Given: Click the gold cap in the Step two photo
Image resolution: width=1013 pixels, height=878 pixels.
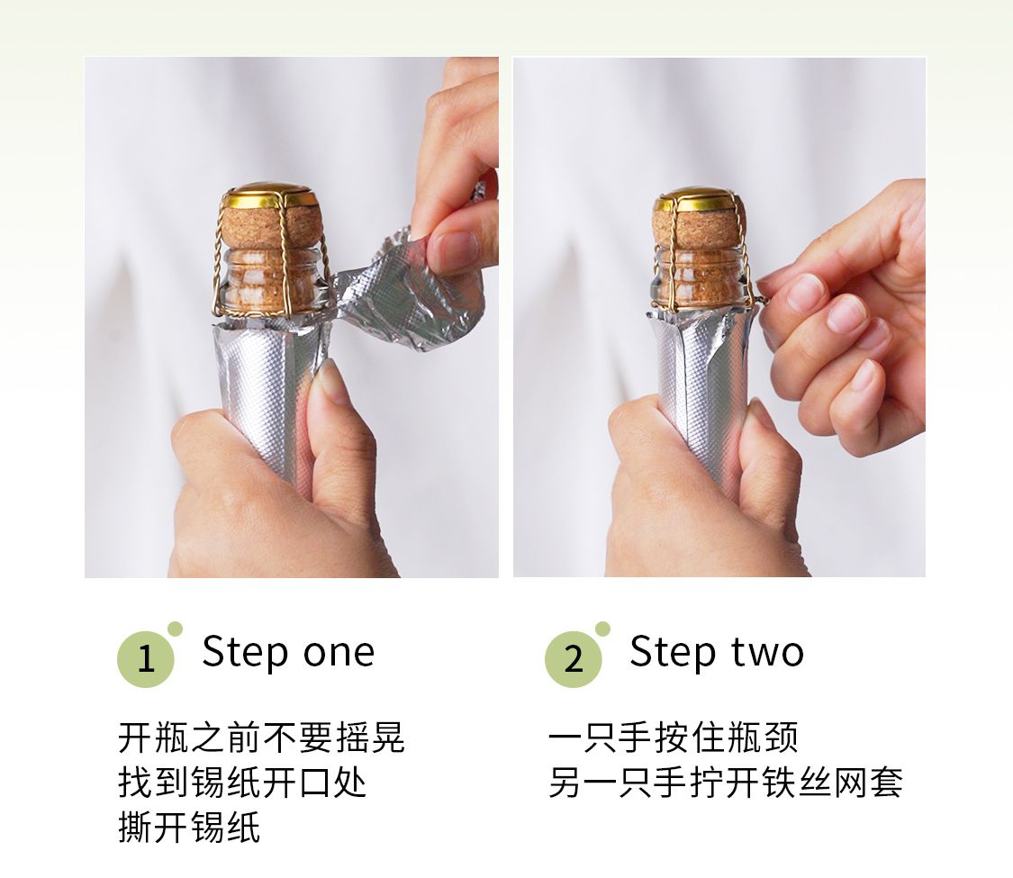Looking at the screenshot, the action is (x=699, y=200).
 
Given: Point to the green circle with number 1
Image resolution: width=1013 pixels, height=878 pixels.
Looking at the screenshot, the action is (x=146, y=659).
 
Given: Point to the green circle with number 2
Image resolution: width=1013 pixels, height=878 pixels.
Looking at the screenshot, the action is (x=574, y=659).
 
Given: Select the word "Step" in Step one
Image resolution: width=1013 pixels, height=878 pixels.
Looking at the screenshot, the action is (x=245, y=653).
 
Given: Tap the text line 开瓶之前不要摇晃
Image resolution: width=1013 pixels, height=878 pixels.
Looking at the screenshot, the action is (x=262, y=738).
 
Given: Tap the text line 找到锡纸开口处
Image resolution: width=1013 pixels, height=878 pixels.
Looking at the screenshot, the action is (x=243, y=783).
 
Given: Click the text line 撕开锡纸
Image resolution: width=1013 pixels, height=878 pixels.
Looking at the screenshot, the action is (x=189, y=827).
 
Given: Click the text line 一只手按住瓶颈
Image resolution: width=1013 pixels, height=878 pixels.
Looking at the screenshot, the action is (x=674, y=738).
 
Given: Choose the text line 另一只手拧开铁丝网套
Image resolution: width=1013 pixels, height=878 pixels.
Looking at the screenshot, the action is (x=726, y=783).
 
